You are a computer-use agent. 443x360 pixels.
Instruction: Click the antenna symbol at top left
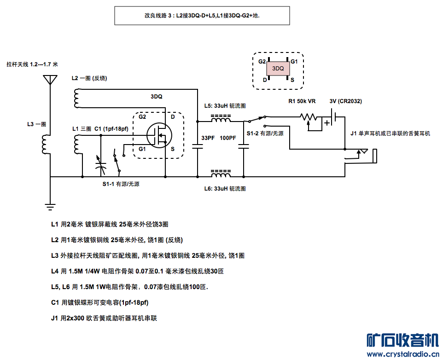point(49,80)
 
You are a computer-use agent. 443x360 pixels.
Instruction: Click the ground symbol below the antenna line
point(50,207)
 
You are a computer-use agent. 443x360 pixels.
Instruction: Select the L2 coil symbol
point(76,98)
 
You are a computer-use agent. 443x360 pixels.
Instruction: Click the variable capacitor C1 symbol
point(100,163)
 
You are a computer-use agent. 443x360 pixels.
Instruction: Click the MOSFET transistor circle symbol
point(159,134)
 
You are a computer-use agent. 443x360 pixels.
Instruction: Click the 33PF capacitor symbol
point(197,147)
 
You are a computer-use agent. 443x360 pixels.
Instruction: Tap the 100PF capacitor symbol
point(244,147)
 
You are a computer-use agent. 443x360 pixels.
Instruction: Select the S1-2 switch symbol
point(256,121)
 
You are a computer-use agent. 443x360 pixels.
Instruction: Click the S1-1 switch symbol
point(117,161)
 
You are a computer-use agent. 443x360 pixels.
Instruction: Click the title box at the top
point(202,15)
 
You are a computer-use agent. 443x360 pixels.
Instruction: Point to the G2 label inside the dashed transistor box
point(142,116)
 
